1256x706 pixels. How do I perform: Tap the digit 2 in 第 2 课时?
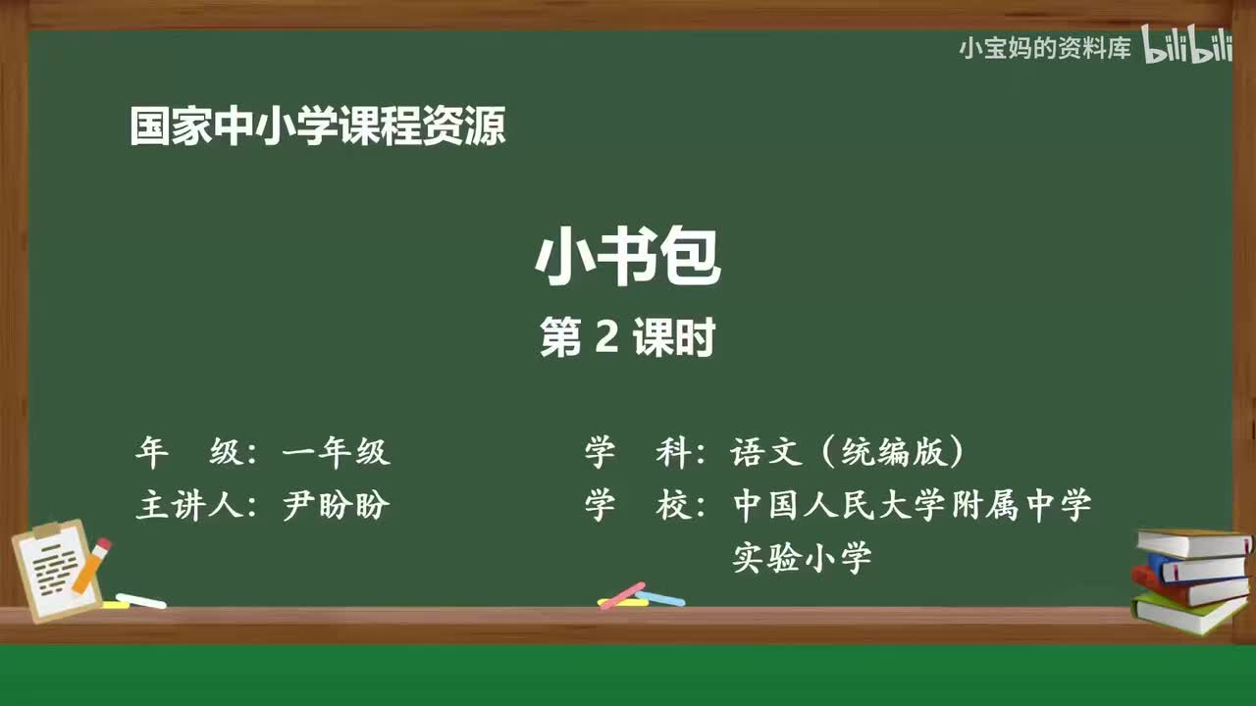[x=605, y=338]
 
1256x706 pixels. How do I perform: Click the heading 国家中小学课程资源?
[x=317, y=127]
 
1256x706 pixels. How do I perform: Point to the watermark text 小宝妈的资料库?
[x=1045, y=48]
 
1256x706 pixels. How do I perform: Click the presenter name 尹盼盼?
[x=337, y=506]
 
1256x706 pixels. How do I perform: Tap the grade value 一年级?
[x=337, y=452]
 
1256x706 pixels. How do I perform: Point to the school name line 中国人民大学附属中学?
[x=912, y=506]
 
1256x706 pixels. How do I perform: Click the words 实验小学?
[x=802, y=559]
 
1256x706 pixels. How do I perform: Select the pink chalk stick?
[x=622, y=594]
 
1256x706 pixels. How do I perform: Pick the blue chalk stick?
[x=660, y=597]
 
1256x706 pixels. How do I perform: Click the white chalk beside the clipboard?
[x=141, y=600]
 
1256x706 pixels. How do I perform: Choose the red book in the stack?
[x=1186, y=587]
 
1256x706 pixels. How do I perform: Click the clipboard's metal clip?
[x=46, y=530]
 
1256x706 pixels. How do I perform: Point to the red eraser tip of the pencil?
[x=103, y=544]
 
